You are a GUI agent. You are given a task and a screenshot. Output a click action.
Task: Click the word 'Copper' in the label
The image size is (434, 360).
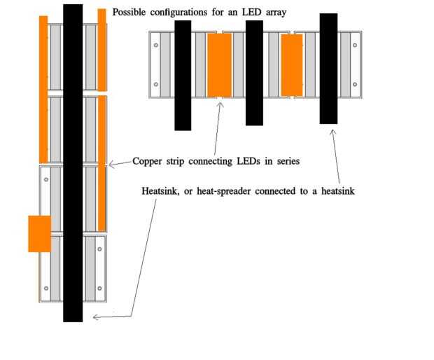pos(147,162)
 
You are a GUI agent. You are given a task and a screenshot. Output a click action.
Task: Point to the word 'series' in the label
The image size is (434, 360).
pos(288,161)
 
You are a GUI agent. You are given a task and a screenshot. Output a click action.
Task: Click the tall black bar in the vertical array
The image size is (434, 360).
pos(73,162)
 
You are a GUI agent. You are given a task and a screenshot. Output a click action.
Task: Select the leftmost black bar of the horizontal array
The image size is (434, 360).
pos(183,76)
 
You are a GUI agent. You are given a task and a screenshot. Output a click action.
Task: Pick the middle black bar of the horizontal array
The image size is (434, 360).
pos(254,73)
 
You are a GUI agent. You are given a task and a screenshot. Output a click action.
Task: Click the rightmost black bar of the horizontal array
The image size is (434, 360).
pos(328,69)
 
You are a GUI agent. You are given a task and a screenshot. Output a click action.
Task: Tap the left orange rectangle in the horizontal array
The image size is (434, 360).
pos(220,65)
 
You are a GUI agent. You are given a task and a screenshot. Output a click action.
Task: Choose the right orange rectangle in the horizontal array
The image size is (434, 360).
pos(292,65)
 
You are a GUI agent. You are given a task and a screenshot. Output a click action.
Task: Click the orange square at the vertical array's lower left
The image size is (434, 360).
pos(40,234)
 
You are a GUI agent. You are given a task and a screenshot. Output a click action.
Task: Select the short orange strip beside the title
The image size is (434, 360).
pos(102,50)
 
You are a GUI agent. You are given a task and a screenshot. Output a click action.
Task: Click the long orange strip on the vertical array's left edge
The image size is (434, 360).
pos(43,90)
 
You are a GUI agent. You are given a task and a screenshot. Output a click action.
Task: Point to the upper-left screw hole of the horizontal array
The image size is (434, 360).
pos(156,45)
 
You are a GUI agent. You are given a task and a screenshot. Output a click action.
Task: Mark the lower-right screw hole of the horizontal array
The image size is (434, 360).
pos(355,84)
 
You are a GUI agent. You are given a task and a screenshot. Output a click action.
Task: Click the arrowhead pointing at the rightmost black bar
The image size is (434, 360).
pos(333,132)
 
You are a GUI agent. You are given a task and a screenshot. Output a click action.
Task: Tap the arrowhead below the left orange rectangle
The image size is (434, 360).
pos(220,105)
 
